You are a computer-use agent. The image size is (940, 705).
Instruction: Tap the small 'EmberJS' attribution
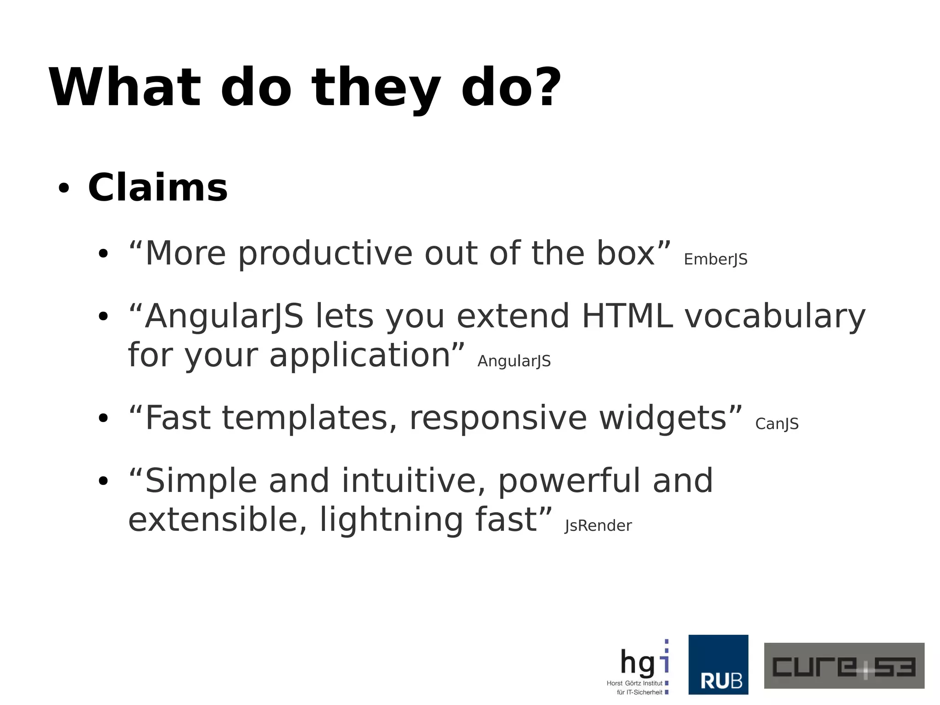tap(715, 259)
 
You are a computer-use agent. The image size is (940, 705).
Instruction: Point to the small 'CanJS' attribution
tap(777, 423)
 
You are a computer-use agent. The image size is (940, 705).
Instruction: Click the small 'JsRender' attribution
tap(598, 525)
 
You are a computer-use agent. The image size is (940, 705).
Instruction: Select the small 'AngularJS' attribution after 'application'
tap(514, 361)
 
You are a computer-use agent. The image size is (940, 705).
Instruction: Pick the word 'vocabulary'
tap(775, 317)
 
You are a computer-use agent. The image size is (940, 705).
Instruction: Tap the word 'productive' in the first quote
tap(325, 254)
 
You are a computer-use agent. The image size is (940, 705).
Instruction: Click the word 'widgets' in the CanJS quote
tap(663, 418)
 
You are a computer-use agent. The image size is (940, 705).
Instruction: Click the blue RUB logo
tap(718, 664)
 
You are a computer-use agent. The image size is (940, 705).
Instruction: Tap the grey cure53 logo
tap(844, 665)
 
